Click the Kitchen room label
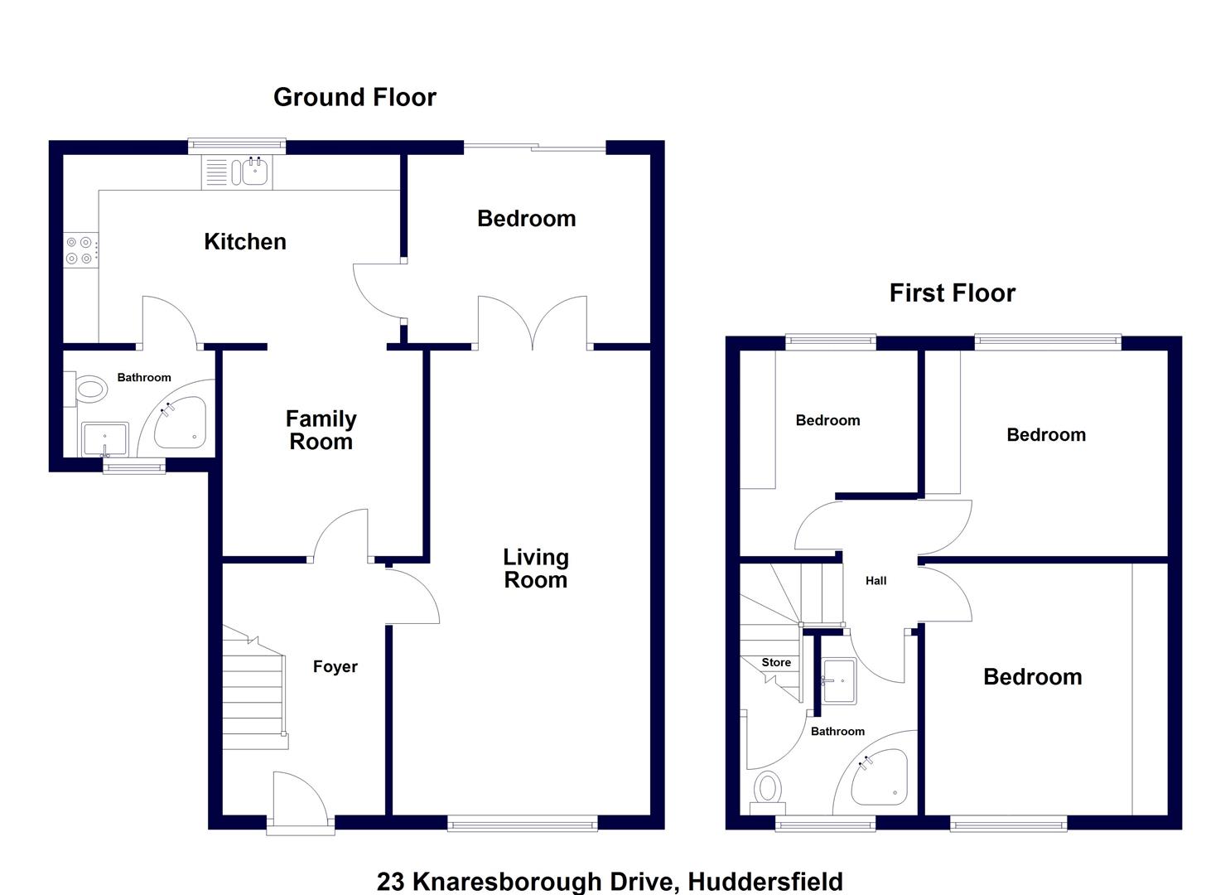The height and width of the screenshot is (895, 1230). click(x=245, y=241)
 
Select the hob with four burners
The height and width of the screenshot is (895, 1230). click(x=81, y=250)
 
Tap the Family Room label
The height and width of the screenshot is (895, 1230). click(x=321, y=430)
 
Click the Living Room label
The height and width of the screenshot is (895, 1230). click(x=536, y=568)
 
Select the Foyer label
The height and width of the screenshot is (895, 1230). click(x=335, y=666)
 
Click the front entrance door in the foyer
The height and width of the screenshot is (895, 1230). click(x=300, y=800)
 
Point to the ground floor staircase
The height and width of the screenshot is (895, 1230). click(x=253, y=692)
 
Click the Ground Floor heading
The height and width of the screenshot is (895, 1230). click(x=355, y=97)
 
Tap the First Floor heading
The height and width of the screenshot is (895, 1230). click(x=952, y=293)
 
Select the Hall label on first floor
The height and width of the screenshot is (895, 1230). click(x=875, y=581)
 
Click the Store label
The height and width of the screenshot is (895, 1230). click(x=776, y=662)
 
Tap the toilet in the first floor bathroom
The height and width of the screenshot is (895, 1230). click(x=768, y=790)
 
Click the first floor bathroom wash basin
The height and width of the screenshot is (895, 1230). click(x=838, y=681)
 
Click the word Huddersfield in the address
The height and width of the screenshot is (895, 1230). click(x=765, y=881)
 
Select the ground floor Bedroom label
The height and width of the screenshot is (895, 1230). click(x=526, y=219)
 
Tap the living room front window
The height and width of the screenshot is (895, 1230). click(x=522, y=823)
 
